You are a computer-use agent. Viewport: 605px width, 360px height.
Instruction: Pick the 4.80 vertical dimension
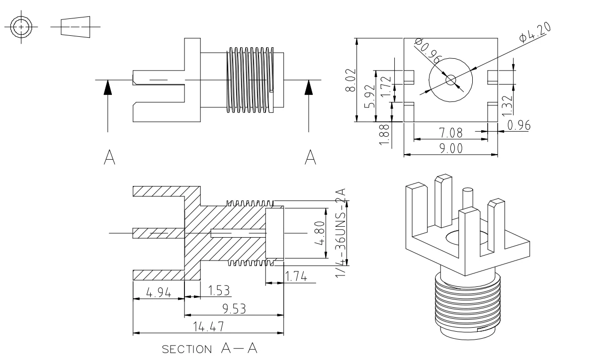pos(322,233)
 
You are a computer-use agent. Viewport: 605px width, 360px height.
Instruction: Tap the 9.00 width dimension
pos(451,148)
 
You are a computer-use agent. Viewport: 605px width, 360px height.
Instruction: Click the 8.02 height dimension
pos(351,80)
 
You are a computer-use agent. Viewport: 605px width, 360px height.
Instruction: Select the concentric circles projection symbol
pos(21,26)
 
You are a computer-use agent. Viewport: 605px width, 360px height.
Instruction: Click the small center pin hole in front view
pos(450,80)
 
